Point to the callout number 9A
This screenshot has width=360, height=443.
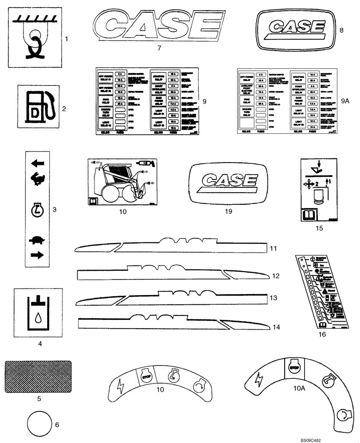coord(346,101)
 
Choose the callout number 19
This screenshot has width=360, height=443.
coord(228,212)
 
